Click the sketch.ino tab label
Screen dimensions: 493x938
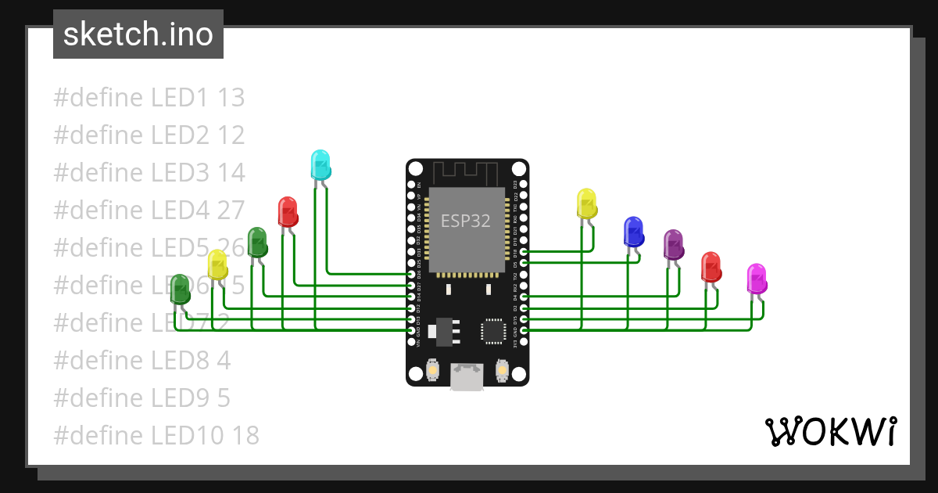click(x=138, y=34)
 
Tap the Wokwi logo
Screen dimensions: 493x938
click(x=830, y=431)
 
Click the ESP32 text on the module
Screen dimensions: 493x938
click(x=466, y=221)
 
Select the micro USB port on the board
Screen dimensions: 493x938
click(x=467, y=378)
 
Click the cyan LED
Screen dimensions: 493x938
click(x=320, y=164)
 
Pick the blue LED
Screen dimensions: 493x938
click(x=633, y=232)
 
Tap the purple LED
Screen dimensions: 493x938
click(x=673, y=245)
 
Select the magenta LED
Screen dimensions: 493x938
click(x=756, y=279)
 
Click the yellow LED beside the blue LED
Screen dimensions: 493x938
click(x=586, y=203)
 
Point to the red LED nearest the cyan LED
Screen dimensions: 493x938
click(x=288, y=212)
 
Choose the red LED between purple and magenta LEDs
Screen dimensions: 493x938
click(x=711, y=267)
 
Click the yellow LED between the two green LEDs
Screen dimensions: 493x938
click(x=217, y=264)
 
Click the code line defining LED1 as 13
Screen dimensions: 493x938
click(x=149, y=98)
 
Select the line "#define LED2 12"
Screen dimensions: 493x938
click(x=149, y=135)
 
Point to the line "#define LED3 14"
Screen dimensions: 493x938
click(x=149, y=173)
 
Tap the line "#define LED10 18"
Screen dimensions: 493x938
click(x=156, y=435)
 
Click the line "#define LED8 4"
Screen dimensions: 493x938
click(x=141, y=360)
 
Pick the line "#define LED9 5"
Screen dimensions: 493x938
click(x=141, y=398)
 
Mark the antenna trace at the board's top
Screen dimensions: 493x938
click(x=466, y=171)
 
